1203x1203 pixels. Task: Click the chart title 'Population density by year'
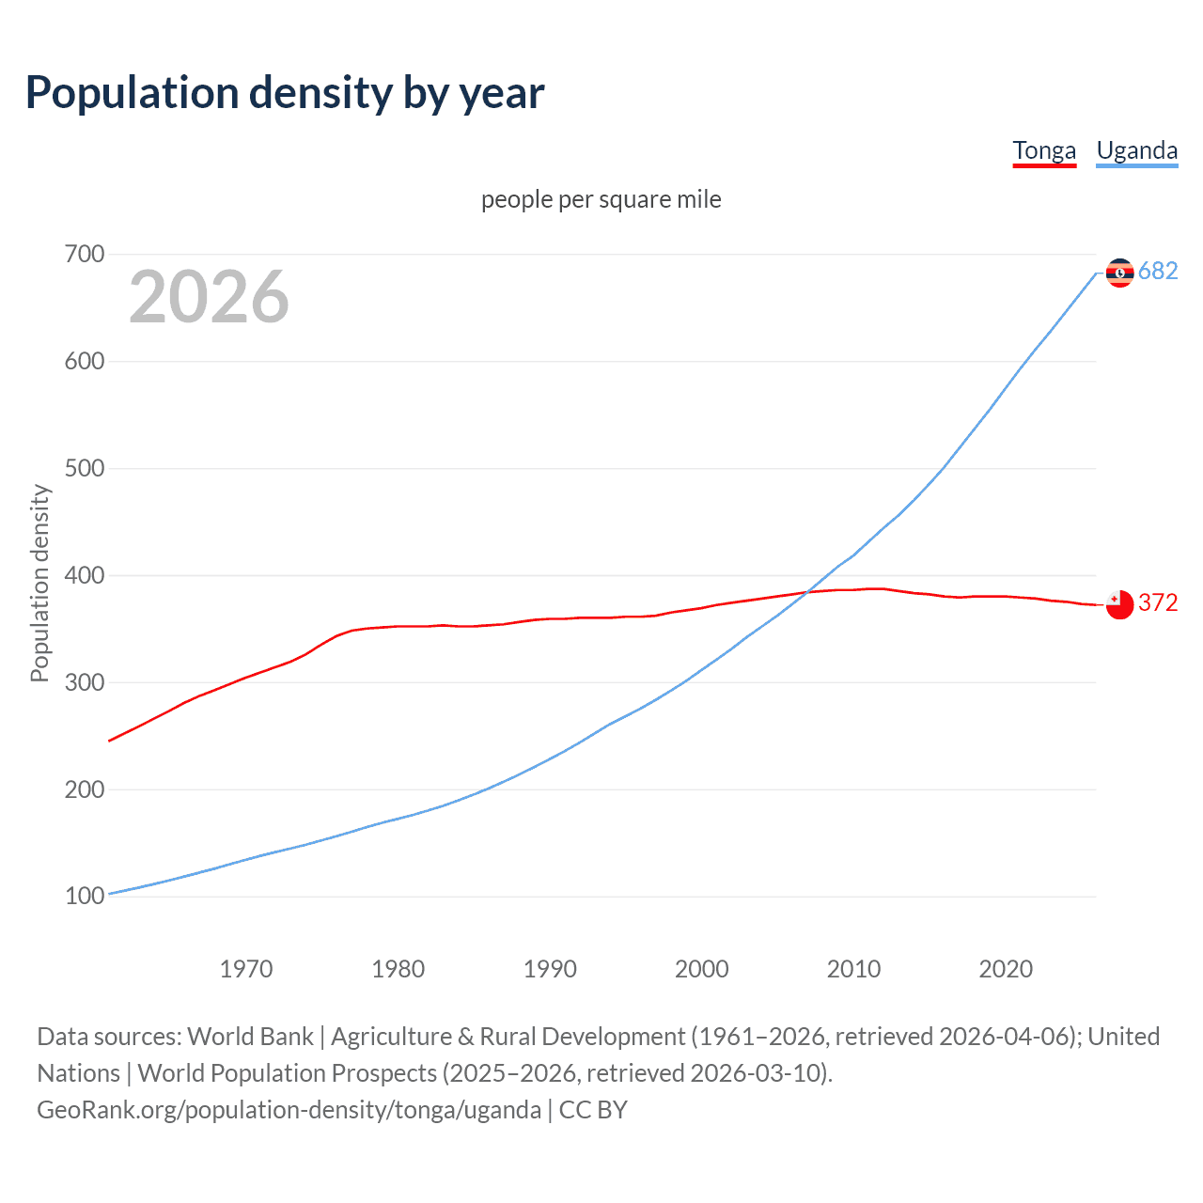[x=285, y=93]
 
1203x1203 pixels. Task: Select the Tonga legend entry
[x=1043, y=150]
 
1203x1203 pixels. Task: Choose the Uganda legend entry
[x=1136, y=150]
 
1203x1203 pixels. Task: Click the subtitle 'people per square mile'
[x=601, y=199]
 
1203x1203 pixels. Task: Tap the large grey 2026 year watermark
[x=209, y=297]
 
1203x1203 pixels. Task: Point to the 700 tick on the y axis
[x=85, y=255]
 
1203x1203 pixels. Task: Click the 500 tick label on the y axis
[x=85, y=468]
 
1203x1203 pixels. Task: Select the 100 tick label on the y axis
[x=85, y=897]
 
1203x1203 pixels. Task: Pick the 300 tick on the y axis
[x=85, y=682]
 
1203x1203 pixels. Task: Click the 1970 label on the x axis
[x=246, y=969]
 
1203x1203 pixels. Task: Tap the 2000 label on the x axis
[x=701, y=969]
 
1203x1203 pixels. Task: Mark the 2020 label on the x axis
[x=1006, y=969]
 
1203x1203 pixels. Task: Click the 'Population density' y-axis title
[x=39, y=583]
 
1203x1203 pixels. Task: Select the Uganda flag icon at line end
[x=1119, y=273]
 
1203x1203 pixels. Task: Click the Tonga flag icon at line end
[x=1119, y=605]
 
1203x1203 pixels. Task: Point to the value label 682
[x=1158, y=272]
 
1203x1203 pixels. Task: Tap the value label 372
[x=1158, y=602]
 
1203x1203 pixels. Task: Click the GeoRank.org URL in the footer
[x=289, y=1110]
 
